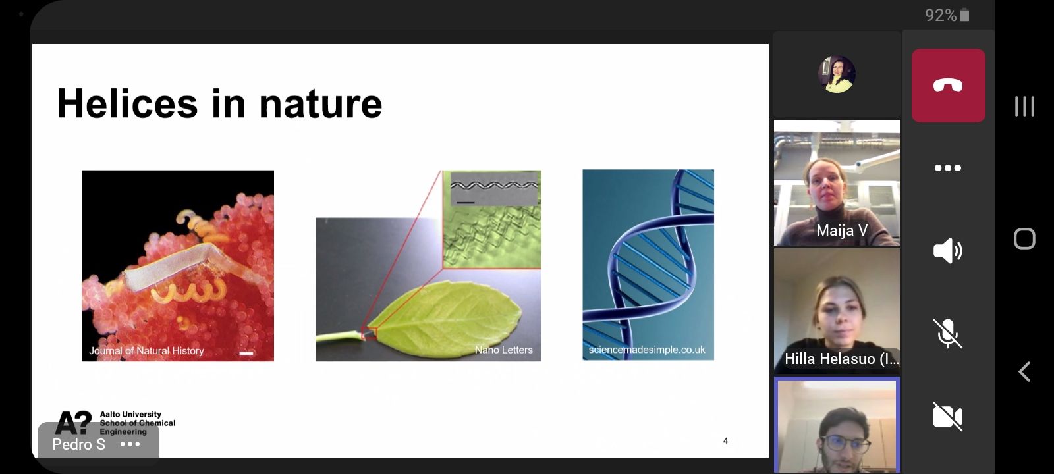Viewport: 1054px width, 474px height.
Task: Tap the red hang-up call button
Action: [x=948, y=86]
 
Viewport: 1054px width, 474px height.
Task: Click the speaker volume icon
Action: [x=948, y=251]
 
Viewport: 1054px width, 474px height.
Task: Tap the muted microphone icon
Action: [x=948, y=333]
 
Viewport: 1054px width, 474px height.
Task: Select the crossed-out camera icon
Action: [x=948, y=417]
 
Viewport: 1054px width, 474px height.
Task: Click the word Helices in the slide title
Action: [x=127, y=103]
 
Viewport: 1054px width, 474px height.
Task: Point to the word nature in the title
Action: [x=320, y=104]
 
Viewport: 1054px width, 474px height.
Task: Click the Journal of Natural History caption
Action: [x=146, y=350]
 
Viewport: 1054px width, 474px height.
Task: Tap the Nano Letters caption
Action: [x=503, y=350]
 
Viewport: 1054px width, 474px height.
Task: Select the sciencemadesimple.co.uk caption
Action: [x=647, y=350]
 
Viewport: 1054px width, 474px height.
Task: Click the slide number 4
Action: [x=725, y=440]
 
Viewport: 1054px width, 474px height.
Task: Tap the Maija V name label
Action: [x=842, y=230]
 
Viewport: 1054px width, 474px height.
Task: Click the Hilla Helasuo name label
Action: [x=841, y=359]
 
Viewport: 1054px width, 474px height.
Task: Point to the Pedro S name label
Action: [x=78, y=444]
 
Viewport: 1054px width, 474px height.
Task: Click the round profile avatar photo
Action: [x=837, y=74]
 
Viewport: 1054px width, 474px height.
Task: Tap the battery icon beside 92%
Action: [x=964, y=15]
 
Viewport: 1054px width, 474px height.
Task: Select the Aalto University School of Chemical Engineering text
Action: [x=138, y=423]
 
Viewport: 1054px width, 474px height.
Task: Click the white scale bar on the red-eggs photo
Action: [x=246, y=353]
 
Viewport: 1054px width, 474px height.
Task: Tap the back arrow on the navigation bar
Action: [x=1024, y=371]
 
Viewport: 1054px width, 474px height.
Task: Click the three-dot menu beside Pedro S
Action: [x=130, y=444]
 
